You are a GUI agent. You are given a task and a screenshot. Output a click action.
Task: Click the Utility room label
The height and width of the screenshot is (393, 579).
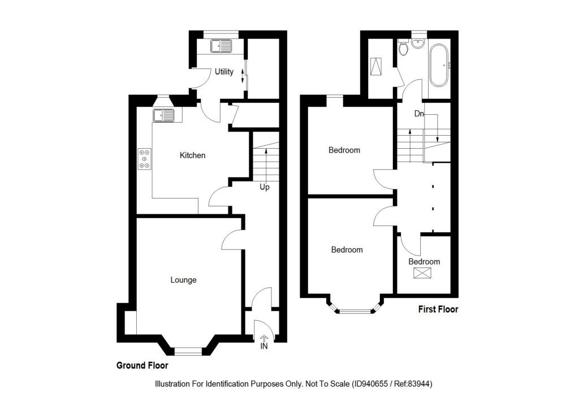(x=224, y=72)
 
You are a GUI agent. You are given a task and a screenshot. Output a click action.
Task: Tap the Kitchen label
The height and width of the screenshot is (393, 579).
(x=192, y=156)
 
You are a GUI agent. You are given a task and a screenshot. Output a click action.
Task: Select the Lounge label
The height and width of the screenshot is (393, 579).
(x=184, y=280)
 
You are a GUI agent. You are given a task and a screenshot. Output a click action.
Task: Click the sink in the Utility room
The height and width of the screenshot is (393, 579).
(x=222, y=45)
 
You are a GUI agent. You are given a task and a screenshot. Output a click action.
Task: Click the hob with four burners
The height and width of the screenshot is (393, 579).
(x=145, y=158)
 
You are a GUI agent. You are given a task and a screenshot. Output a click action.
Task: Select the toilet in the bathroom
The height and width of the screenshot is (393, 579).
(x=403, y=49)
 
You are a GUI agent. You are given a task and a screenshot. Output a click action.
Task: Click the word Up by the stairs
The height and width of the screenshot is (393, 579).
(x=264, y=187)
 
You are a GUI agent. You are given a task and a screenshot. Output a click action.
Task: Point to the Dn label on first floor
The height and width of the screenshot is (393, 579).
(x=419, y=114)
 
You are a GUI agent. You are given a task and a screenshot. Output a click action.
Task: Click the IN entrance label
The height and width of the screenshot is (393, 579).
(x=264, y=346)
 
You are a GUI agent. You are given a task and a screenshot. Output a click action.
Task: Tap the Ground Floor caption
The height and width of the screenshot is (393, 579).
(x=142, y=366)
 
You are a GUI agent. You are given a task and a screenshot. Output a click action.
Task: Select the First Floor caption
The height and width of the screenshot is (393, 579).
(x=438, y=309)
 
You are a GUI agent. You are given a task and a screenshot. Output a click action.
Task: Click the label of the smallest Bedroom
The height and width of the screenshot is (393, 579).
(x=424, y=262)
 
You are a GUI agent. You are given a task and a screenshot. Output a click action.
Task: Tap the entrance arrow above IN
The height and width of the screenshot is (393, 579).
(x=264, y=337)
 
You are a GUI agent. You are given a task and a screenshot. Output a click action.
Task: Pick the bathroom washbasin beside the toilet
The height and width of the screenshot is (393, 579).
(x=419, y=44)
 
